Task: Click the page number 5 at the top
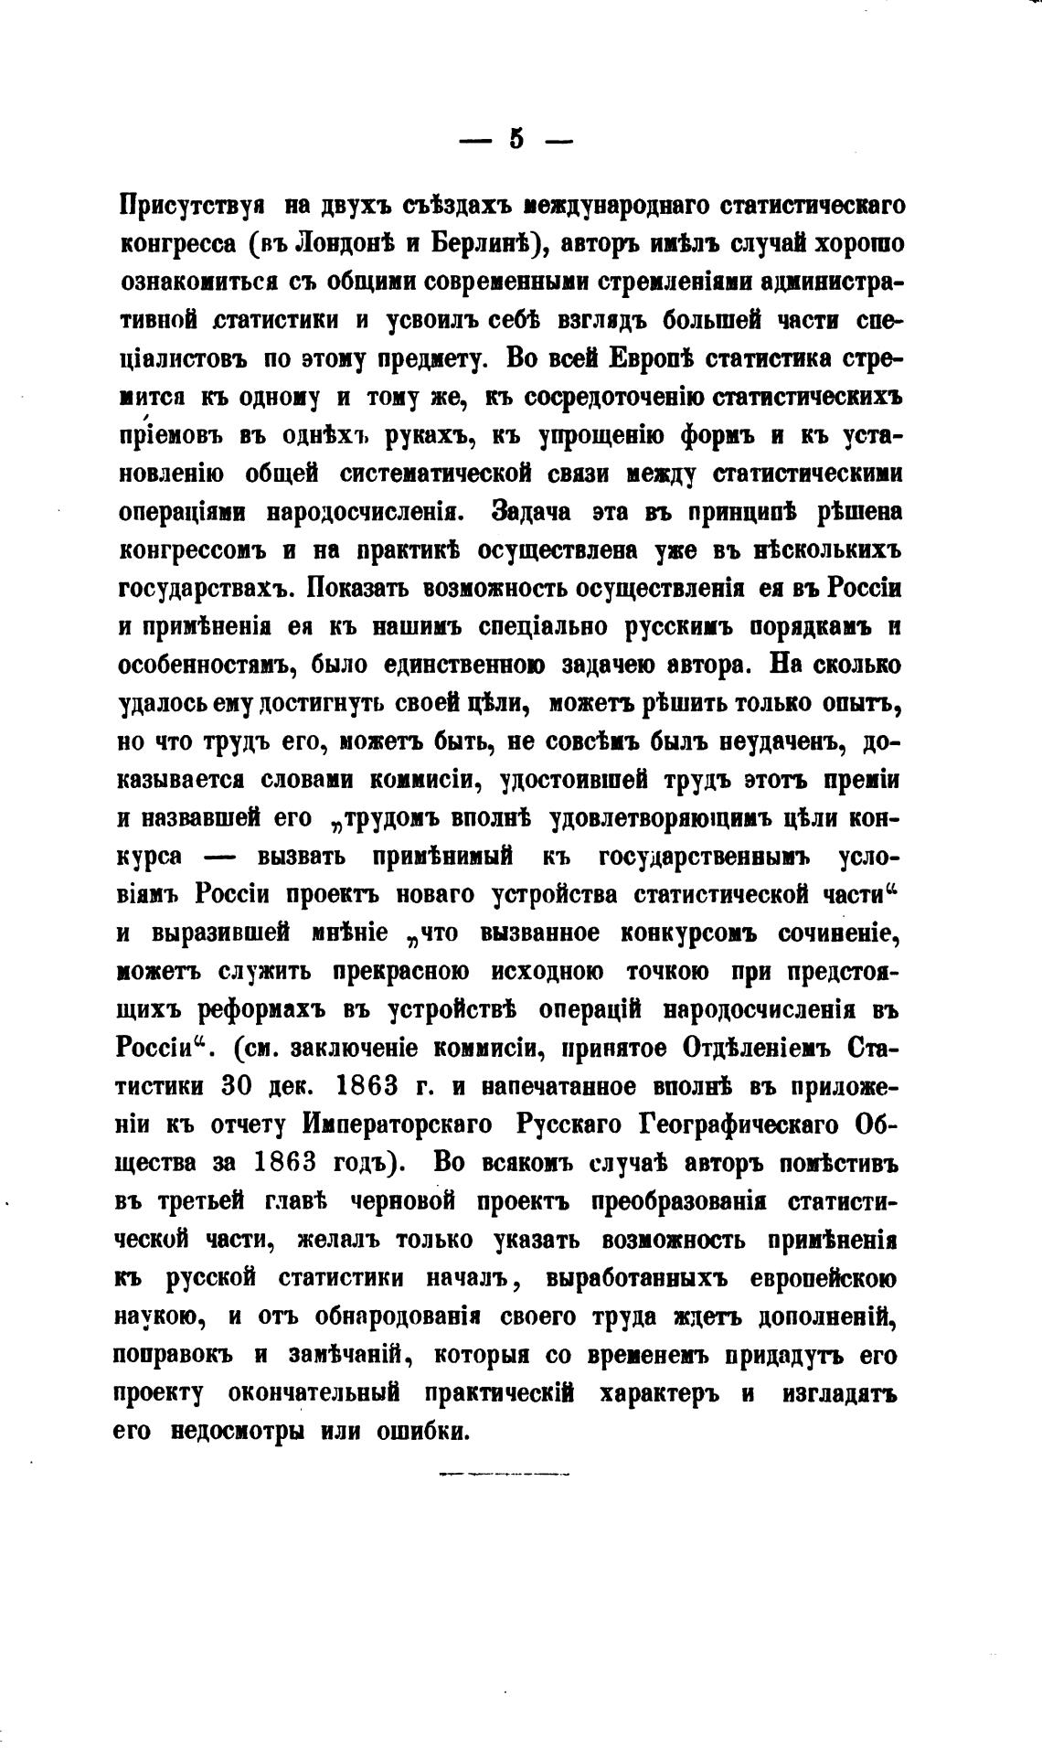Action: pyautogui.click(x=516, y=140)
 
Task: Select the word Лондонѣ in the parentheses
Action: pyautogui.click(x=341, y=244)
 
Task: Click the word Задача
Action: pyautogui.click(x=531, y=512)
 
